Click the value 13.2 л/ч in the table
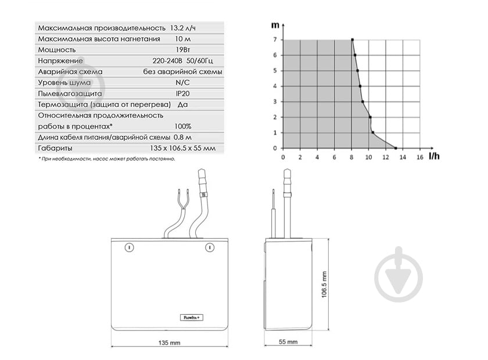pyautogui.click(x=182, y=28)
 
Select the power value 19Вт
pyautogui.click(x=182, y=50)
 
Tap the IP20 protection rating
pyautogui.click(x=182, y=93)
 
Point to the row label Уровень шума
pyautogui.click(x=64, y=83)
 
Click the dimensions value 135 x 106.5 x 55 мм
pyautogui.click(x=182, y=148)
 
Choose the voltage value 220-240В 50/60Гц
pyautogui.click(x=182, y=60)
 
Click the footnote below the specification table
pyautogui.click(x=107, y=159)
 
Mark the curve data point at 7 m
pyautogui.click(x=352, y=39)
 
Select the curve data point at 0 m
pyautogui.click(x=396, y=148)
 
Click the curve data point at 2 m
pyautogui.click(x=370, y=117)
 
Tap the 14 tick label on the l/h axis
pyautogui.click(x=403, y=157)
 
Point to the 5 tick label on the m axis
pyautogui.click(x=275, y=71)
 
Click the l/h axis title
pyautogui.click(x=434, y=156)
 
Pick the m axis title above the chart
pyautogui.click(x=275, y=25)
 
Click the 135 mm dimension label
pyautogui.click(x=169, y=343)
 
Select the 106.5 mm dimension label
pyautogui.click(x=324, y=285)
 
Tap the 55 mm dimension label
pyautogui.click(x=288, y=341)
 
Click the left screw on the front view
pyautogui.click(x=129, y=247)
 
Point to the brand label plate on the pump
pyautogui.click(x=191, y=318)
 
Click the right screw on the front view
pyautogui.click(x=210, y=247)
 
